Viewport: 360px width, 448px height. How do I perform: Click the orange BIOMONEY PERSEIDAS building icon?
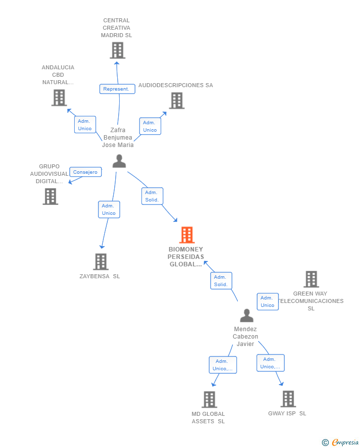(187, 235)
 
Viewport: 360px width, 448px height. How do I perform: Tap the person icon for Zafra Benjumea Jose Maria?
(119, 161)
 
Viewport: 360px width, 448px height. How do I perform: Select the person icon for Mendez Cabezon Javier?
(247, 315)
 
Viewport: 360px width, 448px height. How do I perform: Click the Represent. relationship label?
(117, 89)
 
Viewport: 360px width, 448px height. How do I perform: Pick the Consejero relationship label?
(86, 172)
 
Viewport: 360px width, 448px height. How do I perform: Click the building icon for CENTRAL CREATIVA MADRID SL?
(117, 50)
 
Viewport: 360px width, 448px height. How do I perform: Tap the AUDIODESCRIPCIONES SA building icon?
(177, 100)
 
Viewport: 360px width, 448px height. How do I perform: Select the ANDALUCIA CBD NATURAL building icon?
(59, 98)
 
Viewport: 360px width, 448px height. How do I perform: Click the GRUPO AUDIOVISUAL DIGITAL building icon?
(50, 197)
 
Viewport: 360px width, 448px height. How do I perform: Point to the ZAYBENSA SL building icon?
(101, 262)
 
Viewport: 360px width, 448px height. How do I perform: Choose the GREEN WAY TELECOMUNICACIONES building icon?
(311, 279)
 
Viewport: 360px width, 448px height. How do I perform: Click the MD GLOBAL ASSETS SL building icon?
(209, 399)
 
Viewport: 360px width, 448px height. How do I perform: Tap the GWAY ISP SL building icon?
(288, 399)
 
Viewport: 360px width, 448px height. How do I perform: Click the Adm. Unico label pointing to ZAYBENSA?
(109, 209)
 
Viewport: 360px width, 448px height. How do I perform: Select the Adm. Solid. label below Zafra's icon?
(152, 196)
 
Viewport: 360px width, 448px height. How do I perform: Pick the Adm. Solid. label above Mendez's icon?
(221, 281)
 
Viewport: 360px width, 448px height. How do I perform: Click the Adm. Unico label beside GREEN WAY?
(268, 301)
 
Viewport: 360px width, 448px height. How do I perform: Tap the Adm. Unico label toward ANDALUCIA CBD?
(85, 125)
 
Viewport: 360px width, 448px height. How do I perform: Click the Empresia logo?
(340, 442)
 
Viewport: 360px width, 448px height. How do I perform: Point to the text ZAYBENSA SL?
(99, 276)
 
